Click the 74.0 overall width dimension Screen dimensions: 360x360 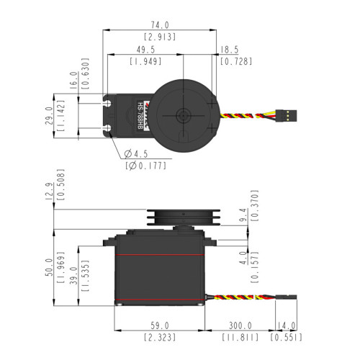pyautogui.click(x=160, y=25)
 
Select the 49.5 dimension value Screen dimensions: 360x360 pyautogui.click(x=145, y=50)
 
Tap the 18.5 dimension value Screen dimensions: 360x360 pyautogui.click(x=230, y=50)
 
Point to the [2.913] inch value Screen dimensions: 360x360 pyautogui.click(x=160, y=37)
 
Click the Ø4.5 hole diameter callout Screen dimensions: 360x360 pyautogui.click(x=136, y=154)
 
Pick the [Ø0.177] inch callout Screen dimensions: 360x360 pyautogui.click(x=146, y=166)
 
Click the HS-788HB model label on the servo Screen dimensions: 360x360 pyautogui.click(x=140, y=116)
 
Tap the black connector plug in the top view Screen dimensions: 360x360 pyautogui.click(x=286, y=116)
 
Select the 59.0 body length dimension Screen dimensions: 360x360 pyautogui.click(x=160, y=325)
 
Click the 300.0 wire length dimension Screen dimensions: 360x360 pyautogui.click(x=240, y=325)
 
